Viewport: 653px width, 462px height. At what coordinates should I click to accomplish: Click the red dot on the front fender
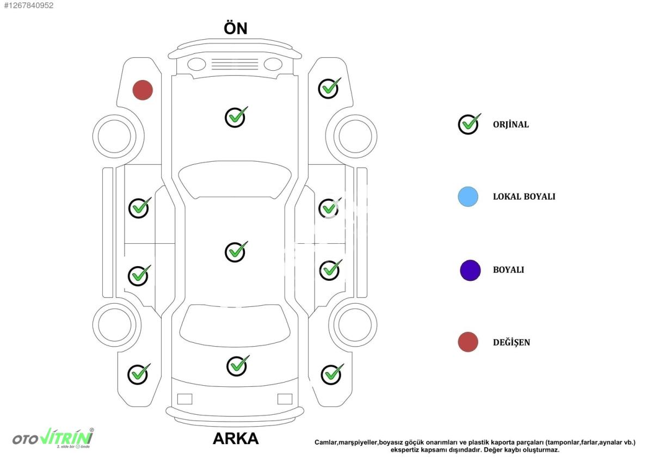pyautogui.click(x=143, y=90)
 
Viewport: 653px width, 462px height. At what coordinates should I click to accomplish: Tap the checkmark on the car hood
pyautogui.click(x=236, y=117)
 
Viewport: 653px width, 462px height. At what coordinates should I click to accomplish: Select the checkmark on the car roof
pyautogui.click(x=236, y=252)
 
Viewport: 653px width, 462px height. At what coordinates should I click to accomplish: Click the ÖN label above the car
pyautogui.click(x=236, y=28)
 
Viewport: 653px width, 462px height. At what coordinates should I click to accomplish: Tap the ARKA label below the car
pyautogui.click(x=236, y=439)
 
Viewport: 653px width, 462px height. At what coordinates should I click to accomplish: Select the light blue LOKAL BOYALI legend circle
pyautogui.click(x=468, y=197)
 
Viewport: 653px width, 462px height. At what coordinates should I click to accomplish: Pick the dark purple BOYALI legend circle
pyautogui.click(x=470, y=270)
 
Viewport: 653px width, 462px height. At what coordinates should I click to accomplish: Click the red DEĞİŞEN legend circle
pyautogui.click(x=468, y=342)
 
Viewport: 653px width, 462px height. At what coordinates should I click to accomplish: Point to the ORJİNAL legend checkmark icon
pyautogui.click(x=469, y=124)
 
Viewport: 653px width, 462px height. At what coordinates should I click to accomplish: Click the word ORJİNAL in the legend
pyautogui.click(x=511, y=125)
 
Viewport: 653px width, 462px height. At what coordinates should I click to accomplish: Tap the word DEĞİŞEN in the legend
pyautogui.click(x=512, y=342)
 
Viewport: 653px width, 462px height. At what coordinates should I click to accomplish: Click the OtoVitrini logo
pyautogui.click(x=53, y=438)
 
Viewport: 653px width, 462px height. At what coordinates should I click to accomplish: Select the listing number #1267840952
pyautogui.click(x=28, y=5)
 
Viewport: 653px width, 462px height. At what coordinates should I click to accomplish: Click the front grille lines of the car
pyautogui.click(x=235, y=64)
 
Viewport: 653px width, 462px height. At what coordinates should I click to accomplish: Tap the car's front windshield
pyautogui.click(x=235, y=180)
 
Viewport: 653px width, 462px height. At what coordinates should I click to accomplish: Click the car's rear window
pyautogui.click(x=235, y=325)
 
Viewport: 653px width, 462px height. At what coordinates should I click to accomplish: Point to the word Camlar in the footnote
pyautogui.click(x=325, y=442)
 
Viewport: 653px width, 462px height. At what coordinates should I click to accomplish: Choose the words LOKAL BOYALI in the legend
pyautogui.click(x=524, y=197)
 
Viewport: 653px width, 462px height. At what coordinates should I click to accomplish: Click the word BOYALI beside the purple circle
pyautogui.click(x=508, y=270)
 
